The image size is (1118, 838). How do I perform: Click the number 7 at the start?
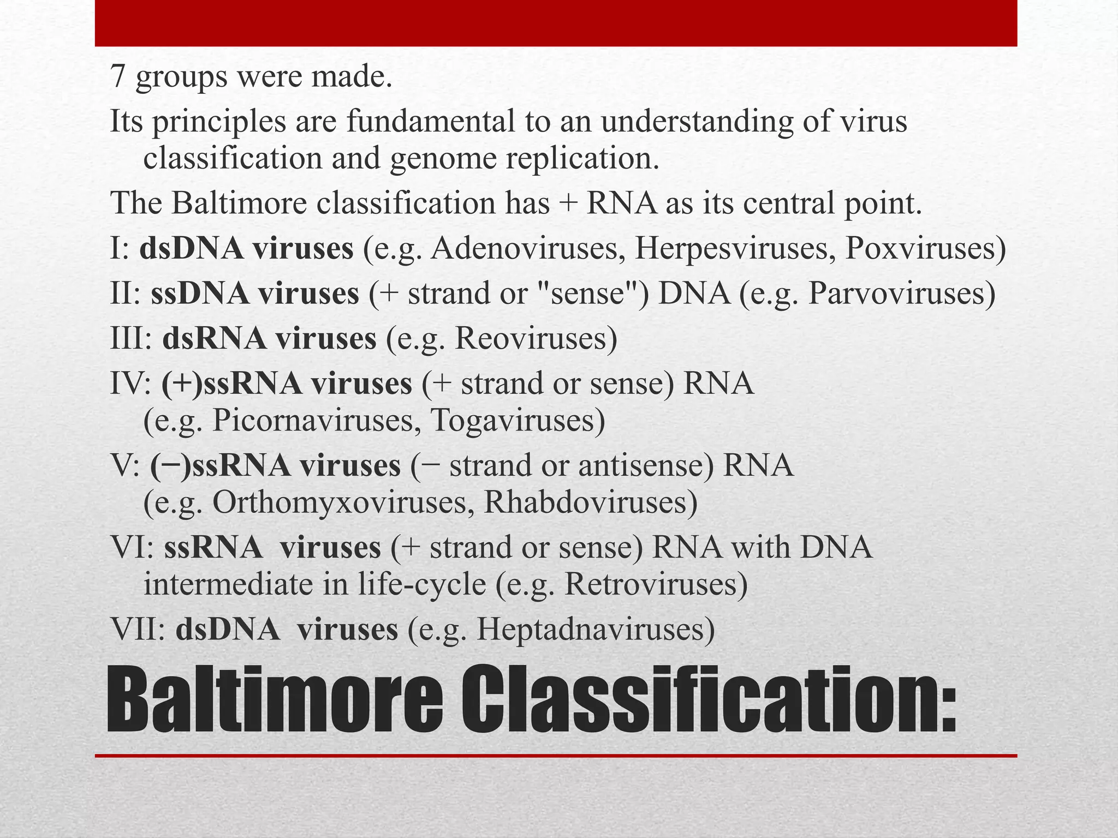tap(118, 76)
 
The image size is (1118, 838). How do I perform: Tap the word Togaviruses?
tap(518, 421)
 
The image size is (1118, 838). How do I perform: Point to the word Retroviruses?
tap(656, 584)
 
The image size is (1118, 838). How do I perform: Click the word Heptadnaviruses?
tap(596, 629)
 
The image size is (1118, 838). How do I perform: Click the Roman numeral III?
tap(131, 338)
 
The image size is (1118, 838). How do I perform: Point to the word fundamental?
tap(431, 121)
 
